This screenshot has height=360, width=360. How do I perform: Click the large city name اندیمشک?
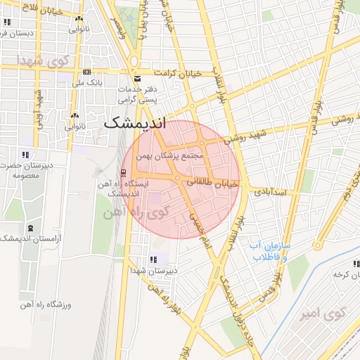point(135,122)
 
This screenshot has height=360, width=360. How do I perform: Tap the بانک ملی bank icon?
point(86,72)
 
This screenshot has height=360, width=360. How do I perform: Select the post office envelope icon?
point(136,77)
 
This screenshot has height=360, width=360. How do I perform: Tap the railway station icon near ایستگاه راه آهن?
point(124,175)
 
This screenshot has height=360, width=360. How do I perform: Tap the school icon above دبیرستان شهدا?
point(154,259)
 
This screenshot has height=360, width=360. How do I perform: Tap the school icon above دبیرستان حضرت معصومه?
point(25,155)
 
